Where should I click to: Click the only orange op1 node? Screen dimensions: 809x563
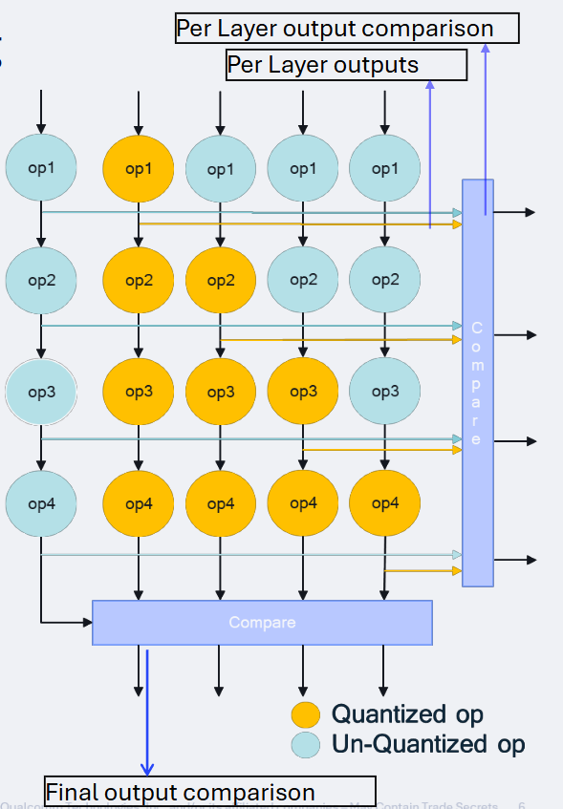pos(139,168)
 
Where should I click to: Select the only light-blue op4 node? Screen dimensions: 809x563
pos(41,503)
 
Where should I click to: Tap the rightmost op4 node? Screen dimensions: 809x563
pos(384,503)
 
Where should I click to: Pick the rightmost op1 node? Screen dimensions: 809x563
pos(384,168)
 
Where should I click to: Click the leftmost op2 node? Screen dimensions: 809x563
pos(41,280)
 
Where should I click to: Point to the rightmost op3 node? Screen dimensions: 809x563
pos(384,392)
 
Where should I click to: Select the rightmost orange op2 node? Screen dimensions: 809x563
pos(221,280)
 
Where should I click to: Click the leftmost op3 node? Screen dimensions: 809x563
pos(41,392)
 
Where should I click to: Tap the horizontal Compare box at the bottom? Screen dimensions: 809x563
pos(262,623)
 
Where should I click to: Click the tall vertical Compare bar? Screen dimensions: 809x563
pos(478,382)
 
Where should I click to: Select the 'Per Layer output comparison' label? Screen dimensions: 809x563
pos(347,29)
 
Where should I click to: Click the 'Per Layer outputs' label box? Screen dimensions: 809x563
pos(346,65)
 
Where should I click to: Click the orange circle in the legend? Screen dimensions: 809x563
pos(305,714)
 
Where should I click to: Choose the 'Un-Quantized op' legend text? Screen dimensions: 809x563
pos(428,745)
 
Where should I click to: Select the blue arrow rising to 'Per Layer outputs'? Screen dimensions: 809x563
pos(430,153)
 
